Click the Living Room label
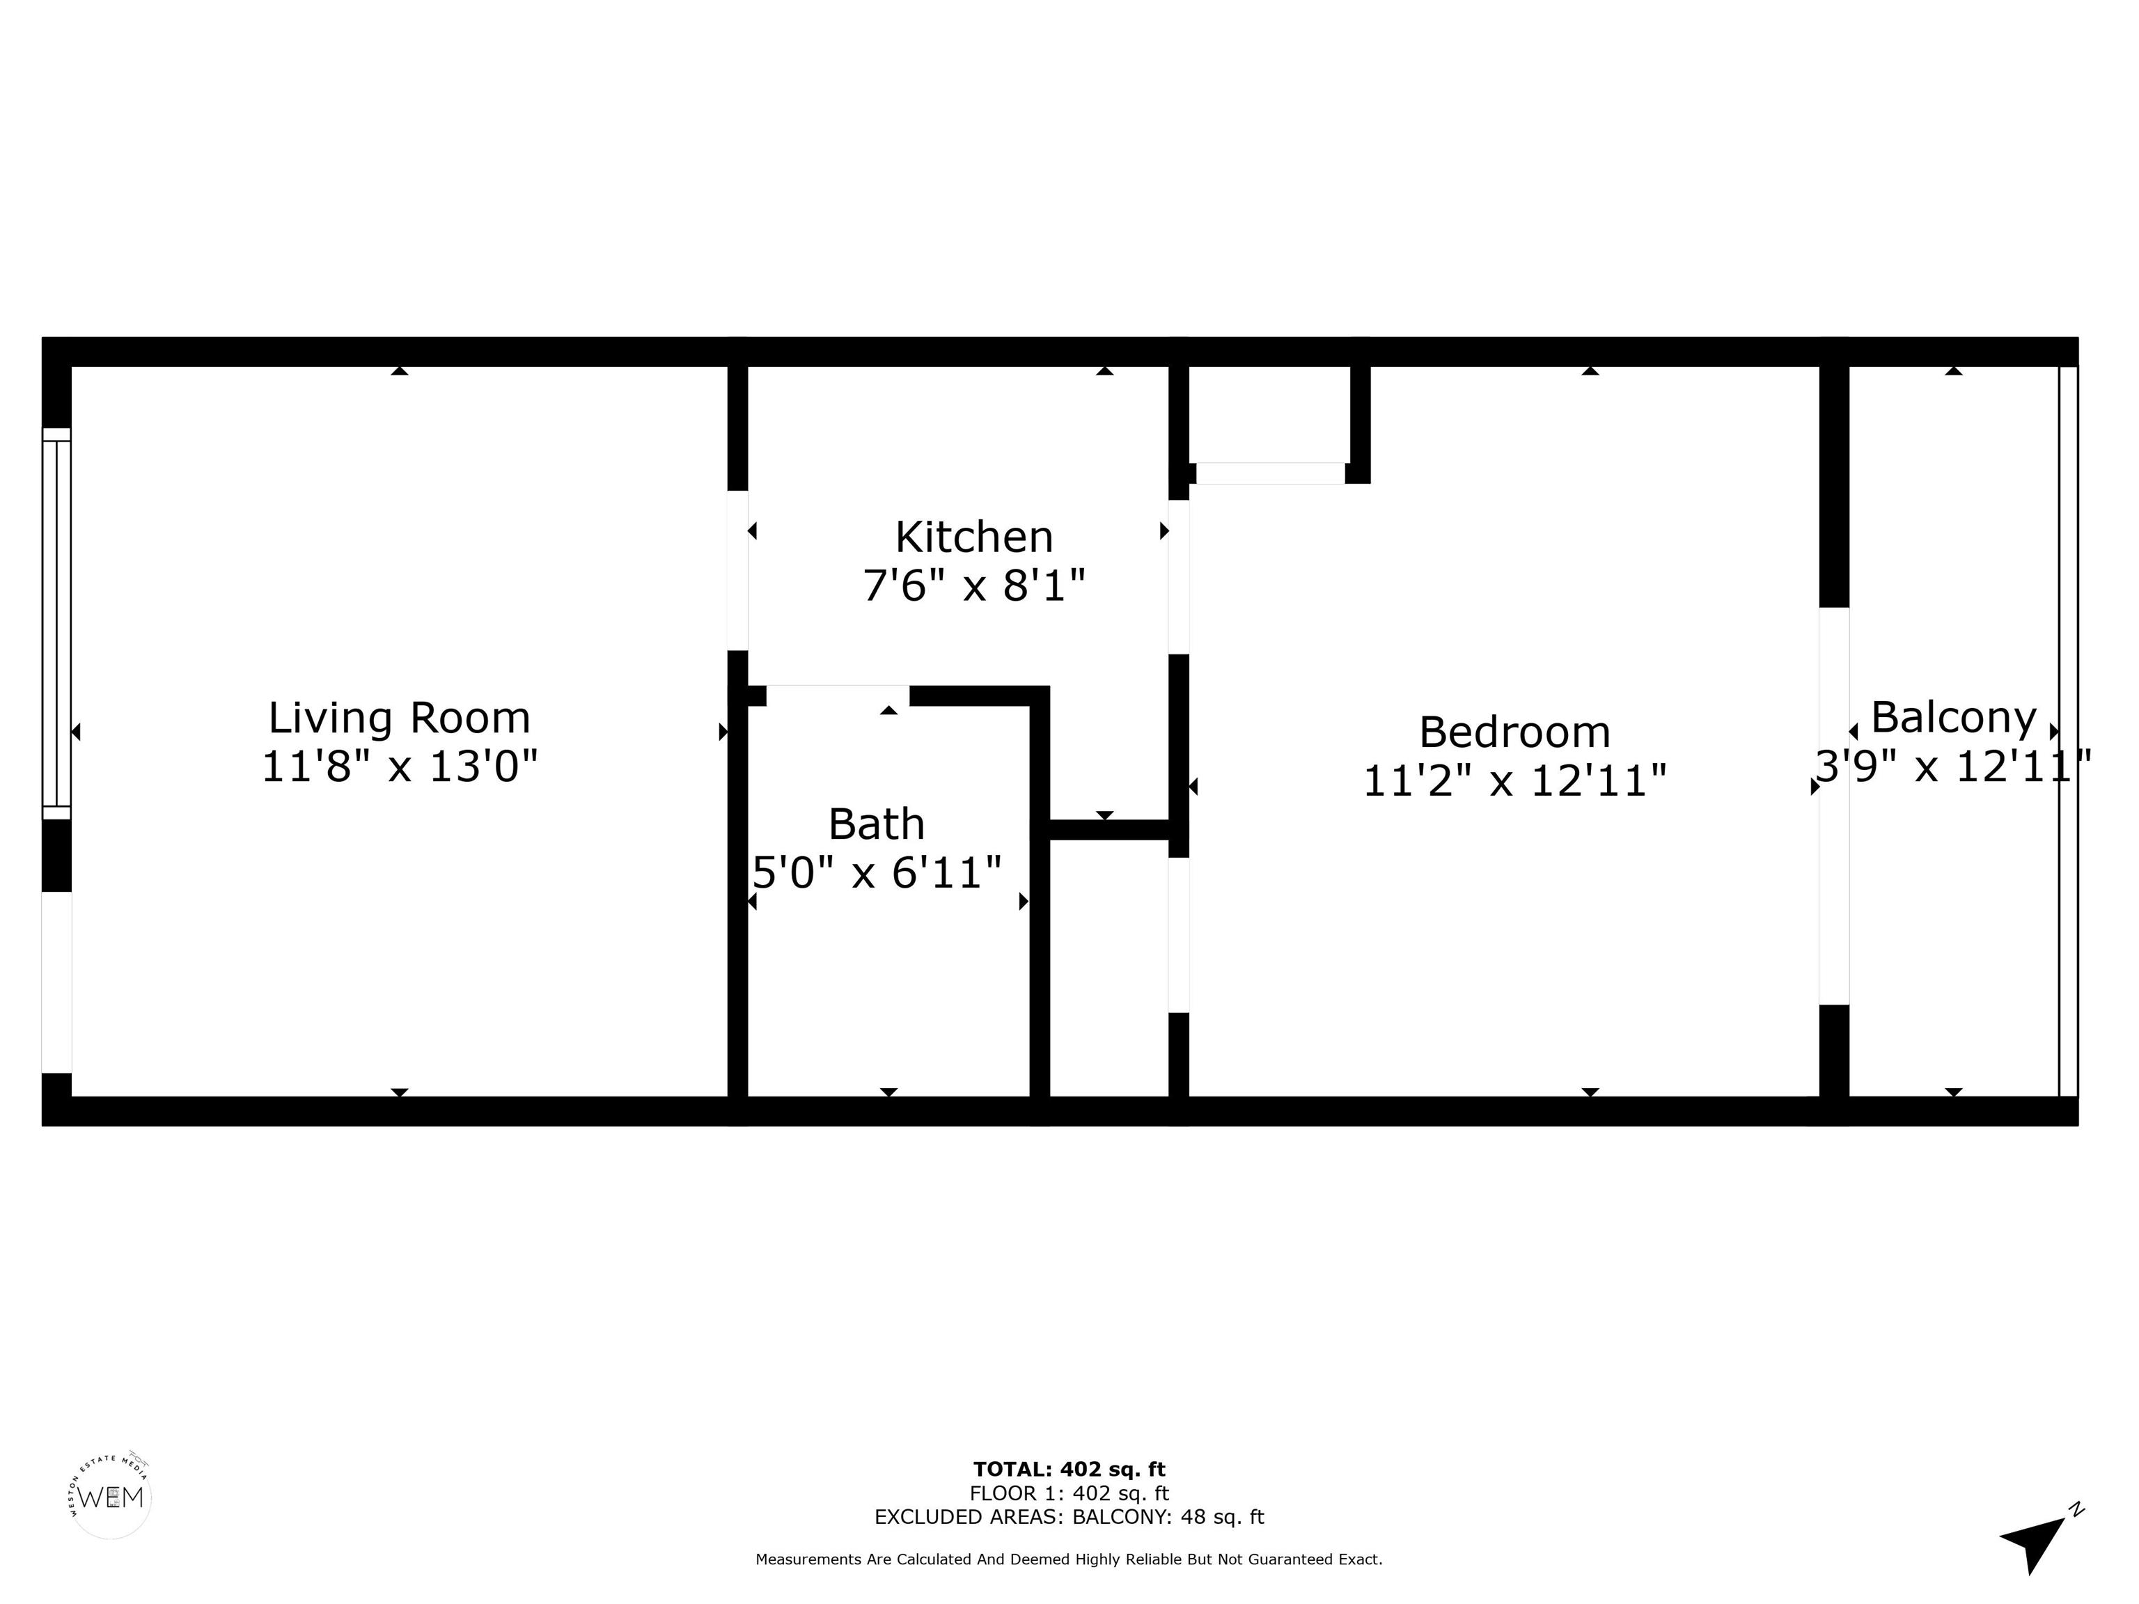click(400, 718)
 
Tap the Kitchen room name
click(974, 537)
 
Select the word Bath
click(876, 825)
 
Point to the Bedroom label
click(1514, 732)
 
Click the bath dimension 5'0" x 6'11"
click(876, 873)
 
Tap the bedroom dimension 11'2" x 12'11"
click(1514, 781)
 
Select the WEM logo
click(111, 1497)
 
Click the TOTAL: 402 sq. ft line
click(1069, 1470)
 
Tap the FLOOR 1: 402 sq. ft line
click(1069, 1494)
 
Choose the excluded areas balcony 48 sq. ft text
click(1069, 1517)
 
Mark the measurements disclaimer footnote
click(1069, 1559)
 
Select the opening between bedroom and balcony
click(1835, 806)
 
